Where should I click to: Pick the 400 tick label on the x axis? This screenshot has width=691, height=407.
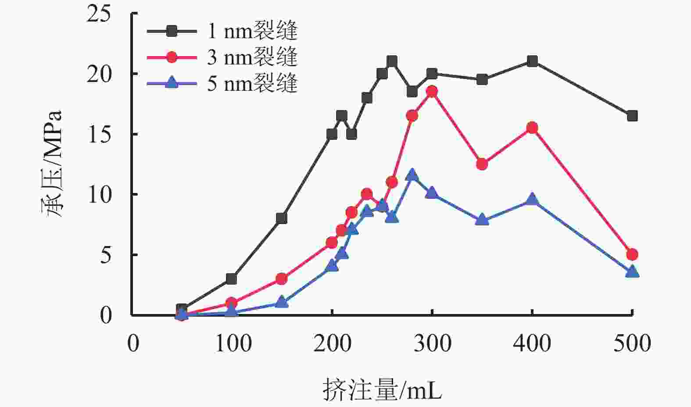coord(532,343)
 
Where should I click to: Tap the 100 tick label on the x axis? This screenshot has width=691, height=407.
coord(233,343)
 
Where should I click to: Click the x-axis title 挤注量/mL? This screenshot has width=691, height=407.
coord(382,389)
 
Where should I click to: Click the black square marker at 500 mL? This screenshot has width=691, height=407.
coord(632,116)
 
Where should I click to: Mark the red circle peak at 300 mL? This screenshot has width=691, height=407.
coord(432,91)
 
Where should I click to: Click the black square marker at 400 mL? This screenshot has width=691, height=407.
coord(532,61)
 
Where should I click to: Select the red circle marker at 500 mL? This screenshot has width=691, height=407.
coord(632,254)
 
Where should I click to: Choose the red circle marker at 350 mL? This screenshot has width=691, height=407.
coord(482,164)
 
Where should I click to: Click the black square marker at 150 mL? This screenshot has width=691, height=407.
coord(282,218)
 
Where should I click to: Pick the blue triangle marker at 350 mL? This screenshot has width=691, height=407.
coord(482,220)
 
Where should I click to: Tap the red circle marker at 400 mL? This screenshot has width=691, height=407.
coord(532,128)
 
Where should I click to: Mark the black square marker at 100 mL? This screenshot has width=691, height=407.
coord(232,278)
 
